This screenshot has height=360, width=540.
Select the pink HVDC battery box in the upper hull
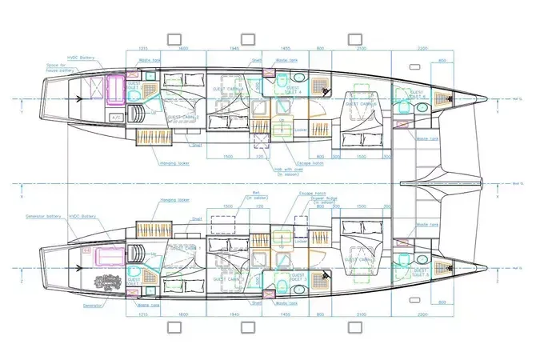pos(115,90)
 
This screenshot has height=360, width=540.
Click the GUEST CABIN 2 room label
pos(183,118)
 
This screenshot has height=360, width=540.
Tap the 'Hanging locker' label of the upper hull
pos(174,164)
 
